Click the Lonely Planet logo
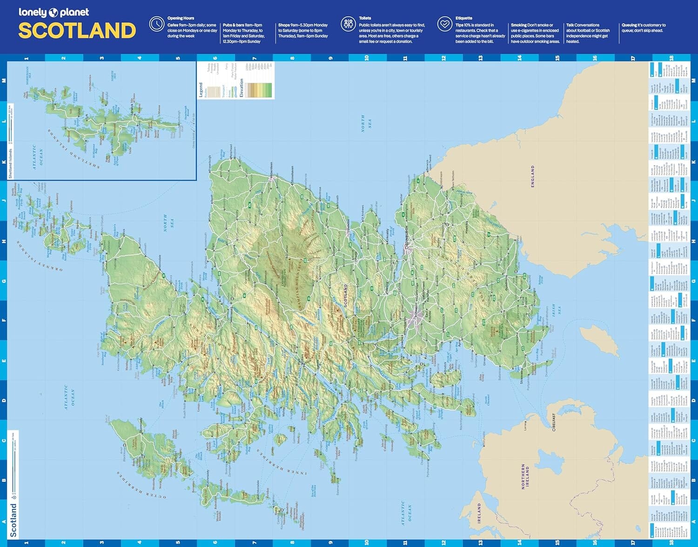click(54, 13)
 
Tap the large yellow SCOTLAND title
click(77, 31)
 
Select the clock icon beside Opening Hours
click(156, 24)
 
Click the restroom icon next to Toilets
click(348, 24)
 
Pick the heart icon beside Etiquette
click(445, 24)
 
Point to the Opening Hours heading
click(181, 18)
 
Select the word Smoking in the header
click(519, 25)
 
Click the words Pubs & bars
click(233, 25)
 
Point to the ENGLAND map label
click(533, 176)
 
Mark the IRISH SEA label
click(556, 310)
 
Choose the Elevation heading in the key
click(242, 88)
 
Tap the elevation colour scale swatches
click(260, 90)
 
